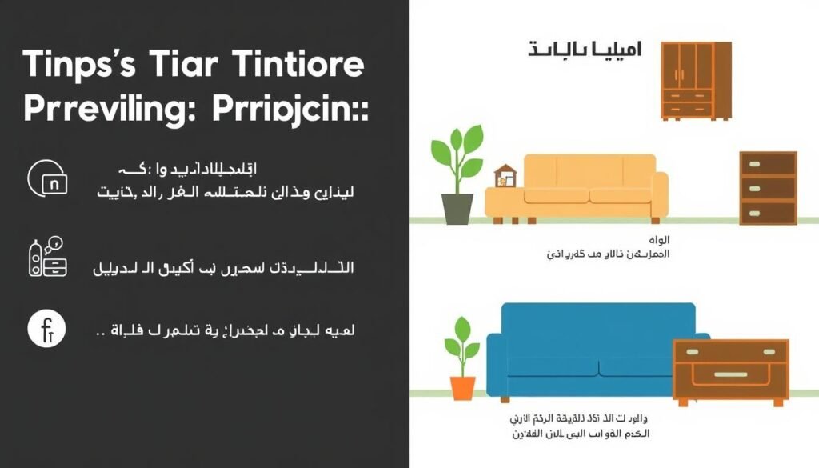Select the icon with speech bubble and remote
click(47, 256)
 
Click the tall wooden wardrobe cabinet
click(695, 80)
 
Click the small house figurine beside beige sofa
click(504, 175)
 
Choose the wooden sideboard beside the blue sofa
click(730, 369)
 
